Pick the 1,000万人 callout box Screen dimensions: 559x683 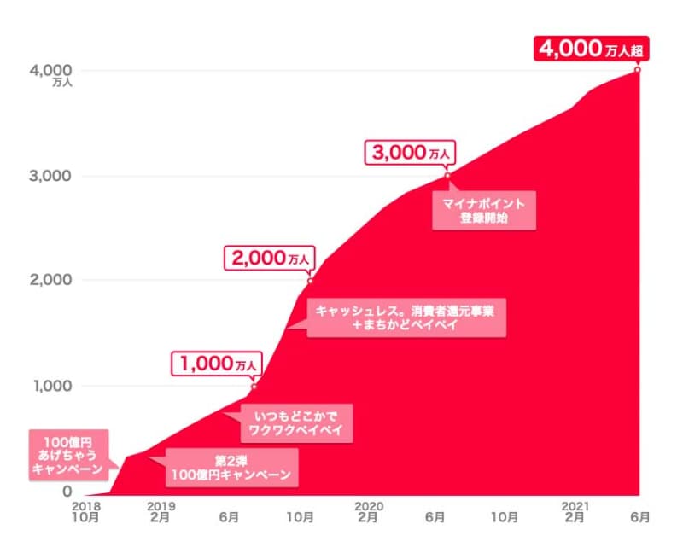click(217, 364)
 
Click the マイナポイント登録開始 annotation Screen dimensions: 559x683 click(484, 212)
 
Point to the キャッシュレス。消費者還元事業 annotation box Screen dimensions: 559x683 click(407, 318)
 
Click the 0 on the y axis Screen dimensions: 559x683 click(67, 492)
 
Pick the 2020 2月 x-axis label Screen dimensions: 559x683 click(368, 511)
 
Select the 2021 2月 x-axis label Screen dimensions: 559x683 click(575, 511)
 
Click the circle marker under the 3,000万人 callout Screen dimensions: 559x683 click(447, 176)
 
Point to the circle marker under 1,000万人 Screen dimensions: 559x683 click(254, 386)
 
